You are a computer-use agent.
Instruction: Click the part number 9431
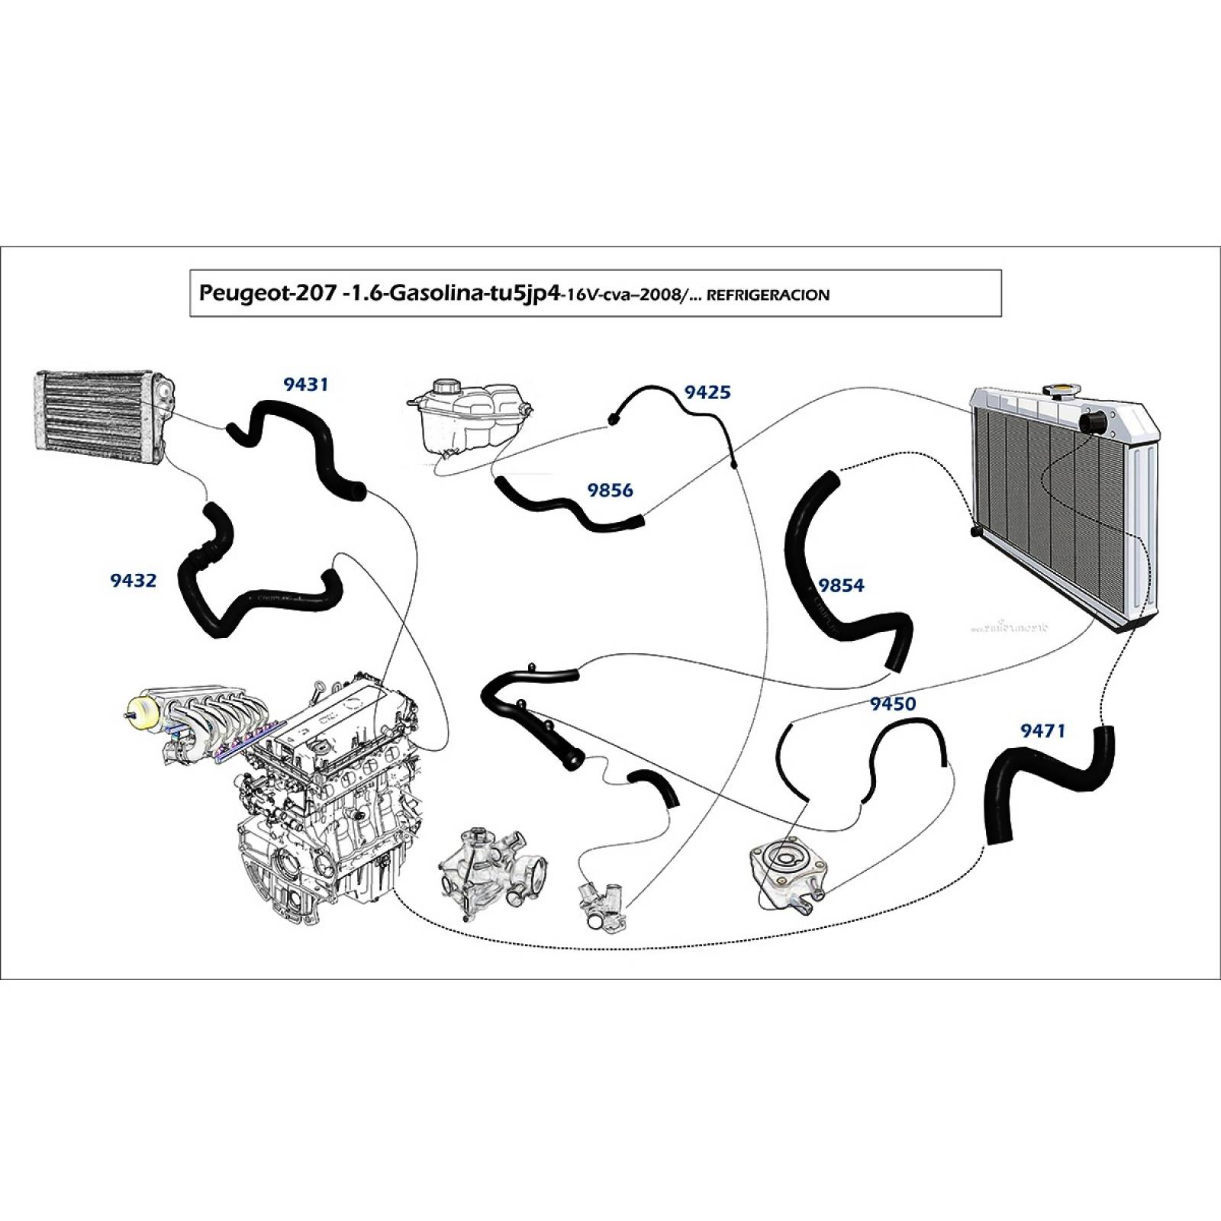[x=305, y=384]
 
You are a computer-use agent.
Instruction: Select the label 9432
[x=133, y=581]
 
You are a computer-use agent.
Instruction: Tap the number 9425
[x=707, y=392]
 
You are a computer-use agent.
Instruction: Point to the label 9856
[x=610, y=490]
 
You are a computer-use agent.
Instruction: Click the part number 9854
[x=841, y=585]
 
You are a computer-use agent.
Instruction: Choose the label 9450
[x=893, y=704]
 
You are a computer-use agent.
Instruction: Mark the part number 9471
[x=1042, y=731]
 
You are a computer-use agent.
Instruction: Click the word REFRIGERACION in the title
[x=768, y=295]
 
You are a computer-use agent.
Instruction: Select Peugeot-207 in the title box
[x=265, y=294]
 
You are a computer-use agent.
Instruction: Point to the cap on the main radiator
[x=1061, y=391]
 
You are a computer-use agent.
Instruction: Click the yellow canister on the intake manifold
[x=143, y=714]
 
